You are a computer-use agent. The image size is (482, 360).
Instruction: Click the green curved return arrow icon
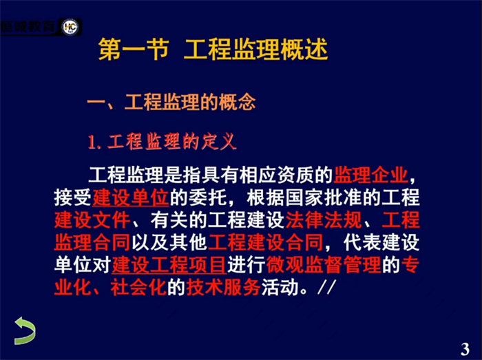[x=25, y=331]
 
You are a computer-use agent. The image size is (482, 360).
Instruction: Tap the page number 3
[x=465, y=349]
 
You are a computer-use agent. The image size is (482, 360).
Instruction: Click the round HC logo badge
[x=70, y=27]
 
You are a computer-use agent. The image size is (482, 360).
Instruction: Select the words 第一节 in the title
[x=134, y=49]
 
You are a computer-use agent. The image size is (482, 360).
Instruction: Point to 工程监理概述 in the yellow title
[x=255, y=49]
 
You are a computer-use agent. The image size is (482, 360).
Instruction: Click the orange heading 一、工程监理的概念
[x=171, y=102]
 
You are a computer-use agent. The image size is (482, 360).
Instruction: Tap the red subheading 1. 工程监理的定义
[x=163, y=142]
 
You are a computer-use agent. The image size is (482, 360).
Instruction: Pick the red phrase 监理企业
[x=370, y=175]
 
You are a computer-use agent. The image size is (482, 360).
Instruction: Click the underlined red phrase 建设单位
[x=131, y=197]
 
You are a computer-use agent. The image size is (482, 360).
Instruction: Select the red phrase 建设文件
[x=92, y=220]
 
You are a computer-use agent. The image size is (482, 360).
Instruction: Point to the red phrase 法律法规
[x=324, y=220]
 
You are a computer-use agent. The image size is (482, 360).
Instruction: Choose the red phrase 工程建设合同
[x=266, y=242]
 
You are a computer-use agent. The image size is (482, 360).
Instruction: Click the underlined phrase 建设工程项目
[x=169, y=265]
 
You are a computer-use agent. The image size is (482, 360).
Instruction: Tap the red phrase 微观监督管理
[x=324, y=265]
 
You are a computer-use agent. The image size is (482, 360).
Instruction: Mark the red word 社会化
[x=138, y=287]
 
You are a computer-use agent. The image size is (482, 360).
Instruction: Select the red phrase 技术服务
[x=224, y=287]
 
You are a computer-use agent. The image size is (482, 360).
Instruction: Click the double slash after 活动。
[x=326, y=287]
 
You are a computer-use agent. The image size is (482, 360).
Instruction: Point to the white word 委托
[x=208, y=197]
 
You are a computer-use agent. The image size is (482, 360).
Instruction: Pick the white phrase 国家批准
[x=324, y=197]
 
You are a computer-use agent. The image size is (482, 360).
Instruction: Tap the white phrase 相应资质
[x=277, y=175]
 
